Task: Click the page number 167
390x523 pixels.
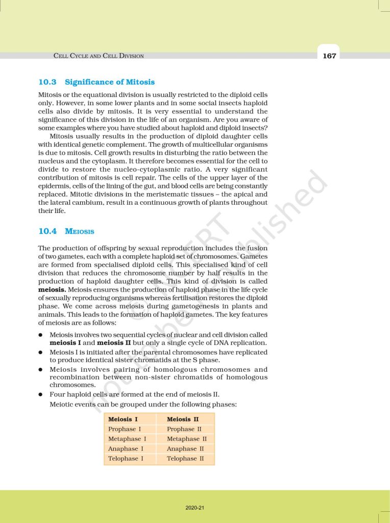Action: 329,56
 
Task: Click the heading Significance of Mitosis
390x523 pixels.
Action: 110,82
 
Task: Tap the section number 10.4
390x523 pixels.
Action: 47,231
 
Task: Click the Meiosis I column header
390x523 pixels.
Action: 123,419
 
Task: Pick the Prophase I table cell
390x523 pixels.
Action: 125,429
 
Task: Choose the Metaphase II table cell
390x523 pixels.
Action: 187,439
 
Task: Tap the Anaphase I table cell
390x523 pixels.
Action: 126,448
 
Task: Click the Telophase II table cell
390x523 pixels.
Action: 185,459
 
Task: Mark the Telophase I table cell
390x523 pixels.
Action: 126,459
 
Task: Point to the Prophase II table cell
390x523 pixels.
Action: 184,429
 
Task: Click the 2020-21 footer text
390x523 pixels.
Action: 195,508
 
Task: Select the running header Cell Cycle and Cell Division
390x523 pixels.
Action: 99,56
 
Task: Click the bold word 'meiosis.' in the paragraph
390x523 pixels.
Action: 52,289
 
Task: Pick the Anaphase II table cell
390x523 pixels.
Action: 185,448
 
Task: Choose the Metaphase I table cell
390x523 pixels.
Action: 127,439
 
